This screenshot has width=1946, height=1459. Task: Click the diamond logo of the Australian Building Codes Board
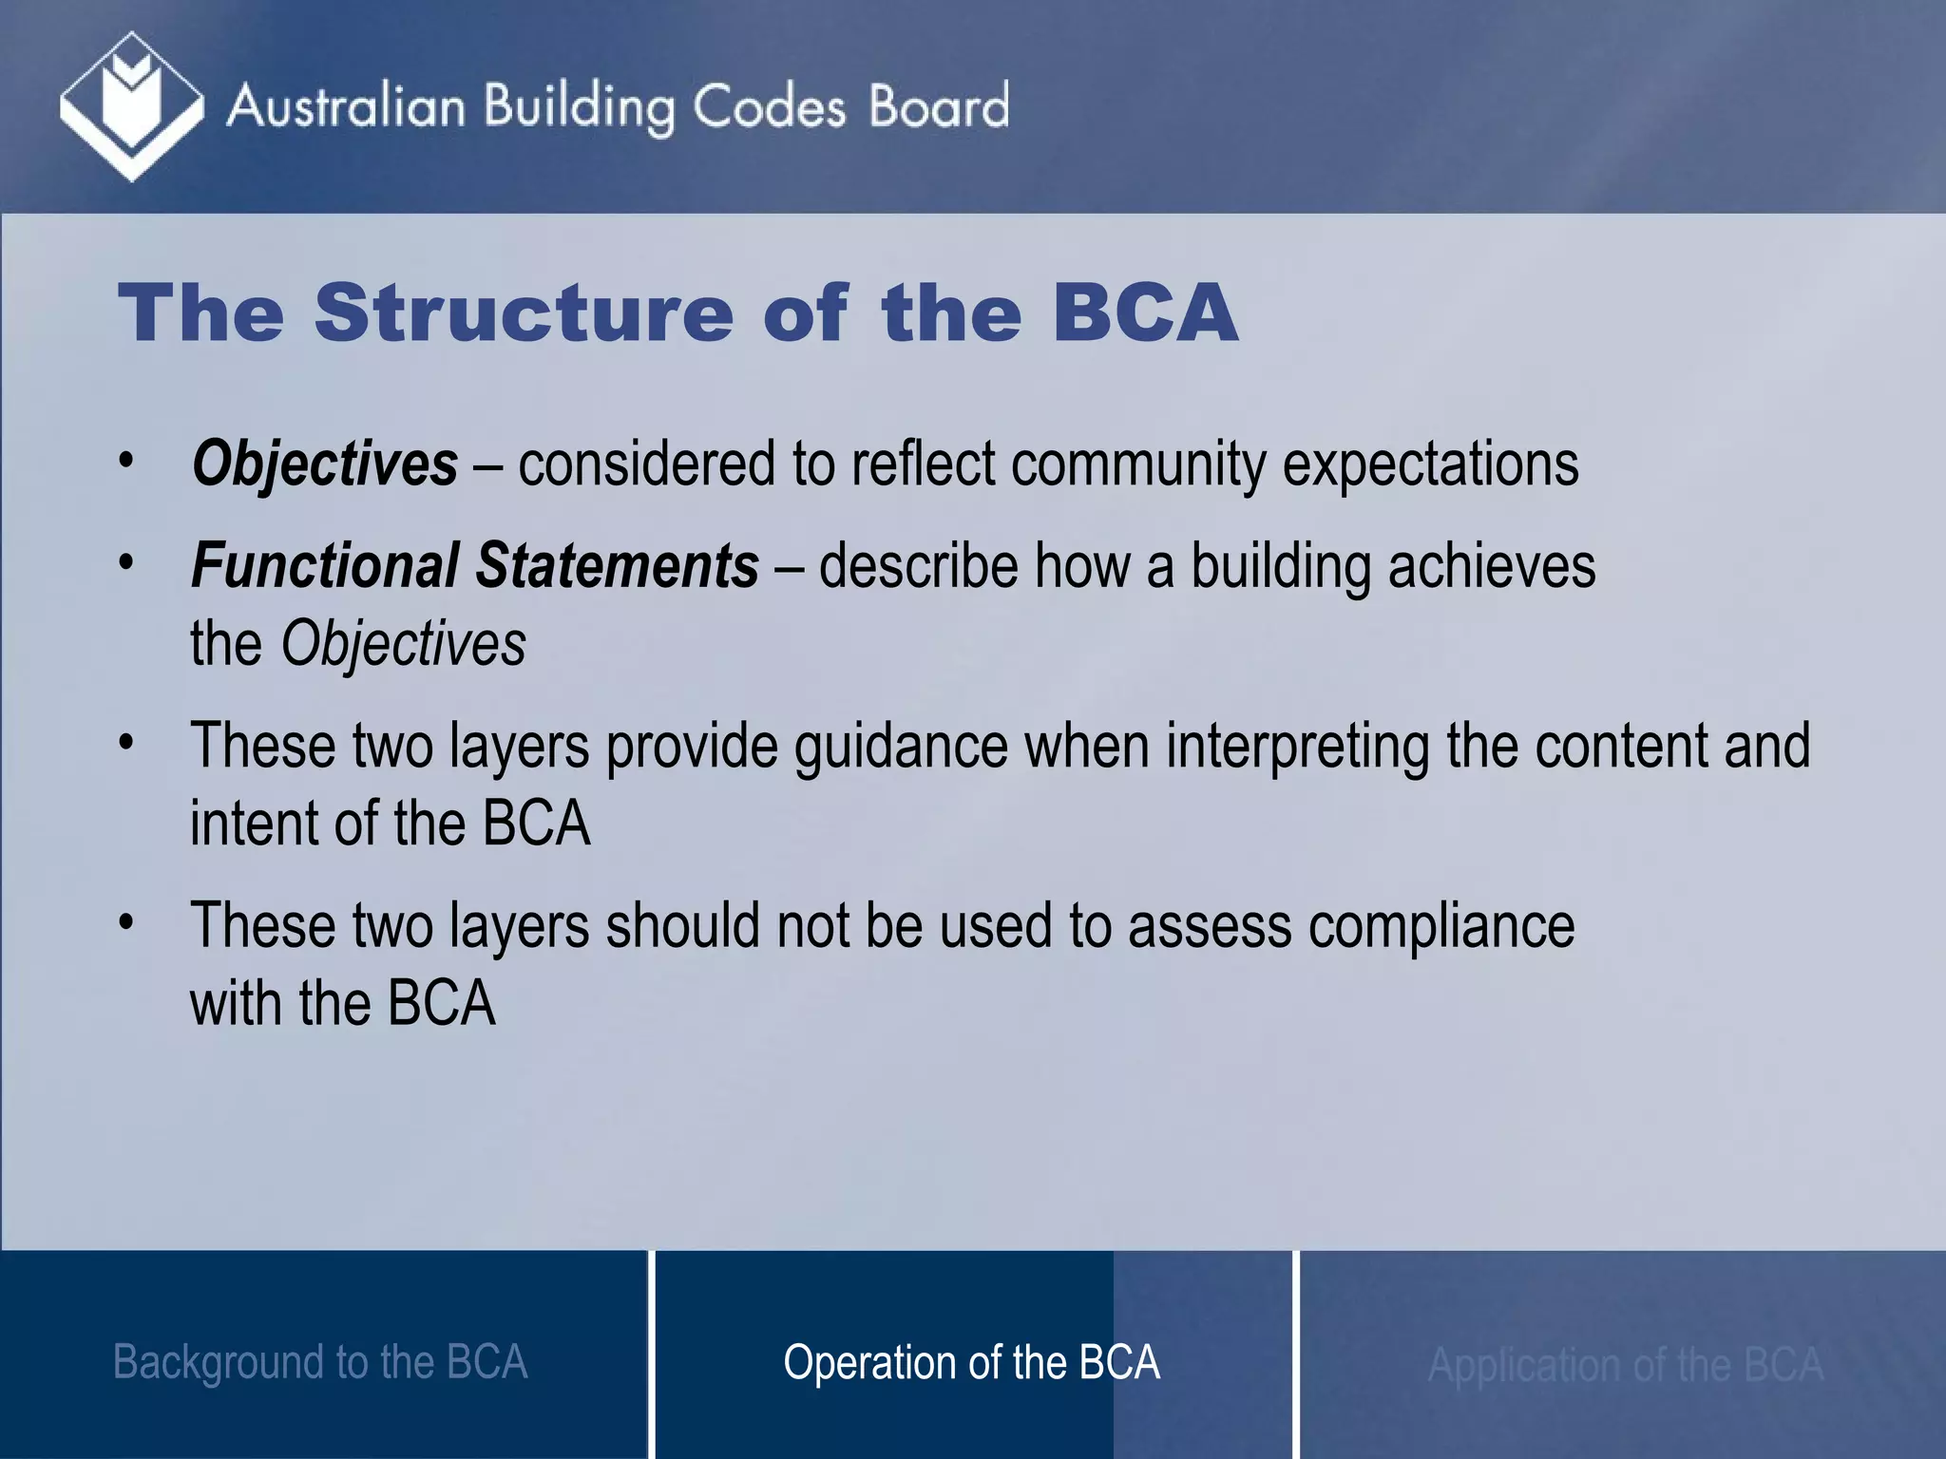[131, 105]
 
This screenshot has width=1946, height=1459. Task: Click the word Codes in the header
[768, 106]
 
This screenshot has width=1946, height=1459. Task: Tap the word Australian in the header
[346, 106]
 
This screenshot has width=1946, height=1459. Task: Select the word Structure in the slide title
[524, 313]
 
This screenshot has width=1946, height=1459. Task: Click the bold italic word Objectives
[325, 464]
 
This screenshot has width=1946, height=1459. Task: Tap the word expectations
[1431, 464]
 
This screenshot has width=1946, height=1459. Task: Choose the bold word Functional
[325, 566]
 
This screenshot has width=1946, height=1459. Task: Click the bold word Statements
[617, 566]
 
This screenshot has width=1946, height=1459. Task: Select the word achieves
[1492, 566]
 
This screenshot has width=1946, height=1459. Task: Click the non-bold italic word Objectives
[403, 644]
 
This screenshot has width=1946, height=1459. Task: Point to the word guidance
[901, 747]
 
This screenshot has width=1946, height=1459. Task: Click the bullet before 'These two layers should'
[126, 922]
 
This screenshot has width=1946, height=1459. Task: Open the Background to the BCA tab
[320, 1362]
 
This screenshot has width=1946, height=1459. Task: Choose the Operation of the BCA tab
[971, 1362]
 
